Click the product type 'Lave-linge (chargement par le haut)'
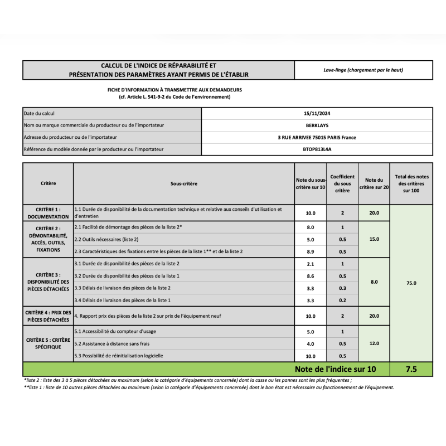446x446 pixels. (x=363, y=70)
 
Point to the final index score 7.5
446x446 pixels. (x=411, y=369)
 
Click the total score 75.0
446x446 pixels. (x=411, y=283)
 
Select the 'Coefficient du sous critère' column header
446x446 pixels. (x=342, y=183)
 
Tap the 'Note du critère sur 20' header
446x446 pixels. (x=374, y=183)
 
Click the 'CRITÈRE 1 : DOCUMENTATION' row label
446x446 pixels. (x=48, y=212)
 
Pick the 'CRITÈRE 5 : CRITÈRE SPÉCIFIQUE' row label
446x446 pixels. (x=48, y=343)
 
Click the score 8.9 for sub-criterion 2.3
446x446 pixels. (x=311, y=251)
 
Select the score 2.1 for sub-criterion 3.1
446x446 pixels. (x=311, y=264)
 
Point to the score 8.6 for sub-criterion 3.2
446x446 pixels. (x=311, y=276)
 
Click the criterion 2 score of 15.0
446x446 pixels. (x=374, y=239)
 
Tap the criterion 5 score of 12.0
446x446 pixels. (x=374, y=343)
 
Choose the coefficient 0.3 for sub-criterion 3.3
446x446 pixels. (x=342, y=288)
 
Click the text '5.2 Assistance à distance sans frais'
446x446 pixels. (x=113, y=344)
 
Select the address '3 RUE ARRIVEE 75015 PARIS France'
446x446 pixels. (x=317, y=137)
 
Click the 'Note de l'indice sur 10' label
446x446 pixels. (x=335, y=369)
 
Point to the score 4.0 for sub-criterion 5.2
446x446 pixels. (x=311, y=344)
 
